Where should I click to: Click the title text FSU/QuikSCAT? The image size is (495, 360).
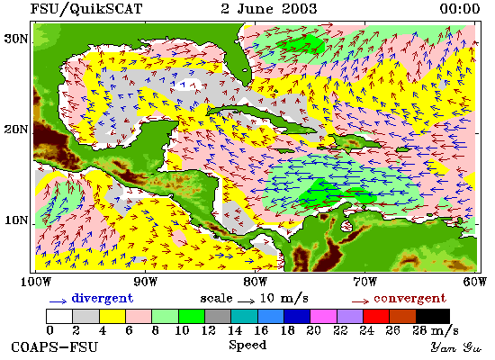(x=85, y=9)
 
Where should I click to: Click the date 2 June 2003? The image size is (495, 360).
(x=269, y=8)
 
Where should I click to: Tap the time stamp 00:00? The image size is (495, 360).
(x=460, y=8)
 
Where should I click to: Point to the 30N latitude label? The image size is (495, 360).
(x=16, y=40)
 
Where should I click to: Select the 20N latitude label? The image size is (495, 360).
(x=16, y=130)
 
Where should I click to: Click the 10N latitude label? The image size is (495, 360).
(x=16, y=220)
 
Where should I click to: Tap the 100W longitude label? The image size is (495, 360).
(x=36, y=282)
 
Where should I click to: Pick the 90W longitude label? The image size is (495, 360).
(x=145, y=282)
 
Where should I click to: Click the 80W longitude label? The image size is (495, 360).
(x=255, y=282)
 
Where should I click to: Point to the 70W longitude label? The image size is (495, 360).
(x=364, y=282)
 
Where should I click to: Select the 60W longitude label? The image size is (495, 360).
(x=474, y=282)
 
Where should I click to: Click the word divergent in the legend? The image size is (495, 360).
(x=103, y=299)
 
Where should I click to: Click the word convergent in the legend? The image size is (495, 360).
(x=409, y=299)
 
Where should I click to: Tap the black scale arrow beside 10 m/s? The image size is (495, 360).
(x=246, y=301)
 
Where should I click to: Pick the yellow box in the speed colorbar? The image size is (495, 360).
(x=112, y=317)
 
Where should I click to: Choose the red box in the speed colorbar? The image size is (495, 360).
(x=376, y=317)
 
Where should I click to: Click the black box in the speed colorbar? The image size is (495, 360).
(x=433, y=317)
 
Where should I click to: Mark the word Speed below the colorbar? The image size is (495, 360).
(x=247, y=345)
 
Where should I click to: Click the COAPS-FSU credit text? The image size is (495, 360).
(x=54, y=347)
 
